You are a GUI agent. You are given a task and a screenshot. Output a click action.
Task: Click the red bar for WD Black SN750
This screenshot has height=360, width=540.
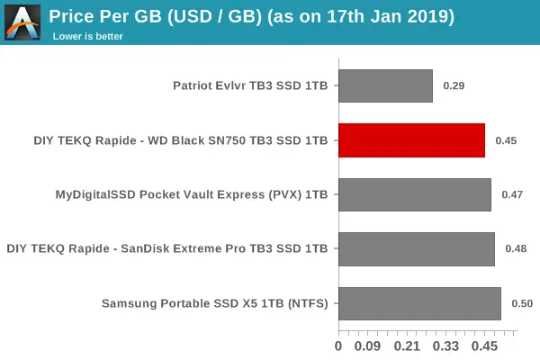coord(411,140)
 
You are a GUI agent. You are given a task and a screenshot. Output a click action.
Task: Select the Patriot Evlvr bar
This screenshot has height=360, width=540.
coord(385,86)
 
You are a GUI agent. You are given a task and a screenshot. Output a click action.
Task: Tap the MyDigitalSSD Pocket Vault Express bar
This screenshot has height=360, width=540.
coord(414,194)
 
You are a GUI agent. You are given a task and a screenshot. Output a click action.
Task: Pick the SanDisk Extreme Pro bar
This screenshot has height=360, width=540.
coord(416,248)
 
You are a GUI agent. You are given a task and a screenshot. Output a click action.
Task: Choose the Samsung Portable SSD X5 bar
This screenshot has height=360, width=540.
coord(419,303)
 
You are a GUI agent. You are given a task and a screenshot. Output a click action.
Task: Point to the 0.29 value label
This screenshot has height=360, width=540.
coord(454,86)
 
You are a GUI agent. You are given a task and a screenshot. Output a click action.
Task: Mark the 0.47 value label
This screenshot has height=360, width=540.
coord(512,194)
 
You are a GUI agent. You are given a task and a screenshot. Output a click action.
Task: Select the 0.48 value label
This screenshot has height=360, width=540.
coord(516,248)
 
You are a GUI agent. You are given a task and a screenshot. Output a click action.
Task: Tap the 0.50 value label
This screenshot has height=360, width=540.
coord(522,303)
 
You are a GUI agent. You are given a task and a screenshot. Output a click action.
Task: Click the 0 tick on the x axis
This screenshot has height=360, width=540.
coord(338,346)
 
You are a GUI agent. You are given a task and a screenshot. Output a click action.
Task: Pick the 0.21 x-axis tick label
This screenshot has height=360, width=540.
coord(407,346)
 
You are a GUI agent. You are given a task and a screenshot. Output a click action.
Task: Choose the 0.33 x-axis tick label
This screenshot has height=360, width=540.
coord(446,346)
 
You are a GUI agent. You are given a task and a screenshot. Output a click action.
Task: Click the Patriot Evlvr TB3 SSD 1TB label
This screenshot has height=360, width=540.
coord(250,86)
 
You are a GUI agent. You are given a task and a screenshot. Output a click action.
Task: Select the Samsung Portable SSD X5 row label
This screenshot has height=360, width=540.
coord(214,303)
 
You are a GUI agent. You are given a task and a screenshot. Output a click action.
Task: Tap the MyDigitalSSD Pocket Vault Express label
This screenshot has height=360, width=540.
coord(191,194)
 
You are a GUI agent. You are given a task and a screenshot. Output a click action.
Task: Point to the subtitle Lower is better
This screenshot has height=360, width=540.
coord(87,36)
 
